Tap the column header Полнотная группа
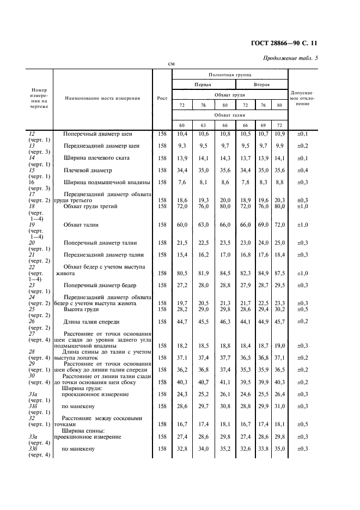coord(229,73)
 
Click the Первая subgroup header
coord(204,84)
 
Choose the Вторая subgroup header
coord(262,84)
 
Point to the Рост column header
coord(162,98)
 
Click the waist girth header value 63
coord(203,125)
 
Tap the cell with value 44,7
coord(182,321)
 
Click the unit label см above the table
coord(170,63)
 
